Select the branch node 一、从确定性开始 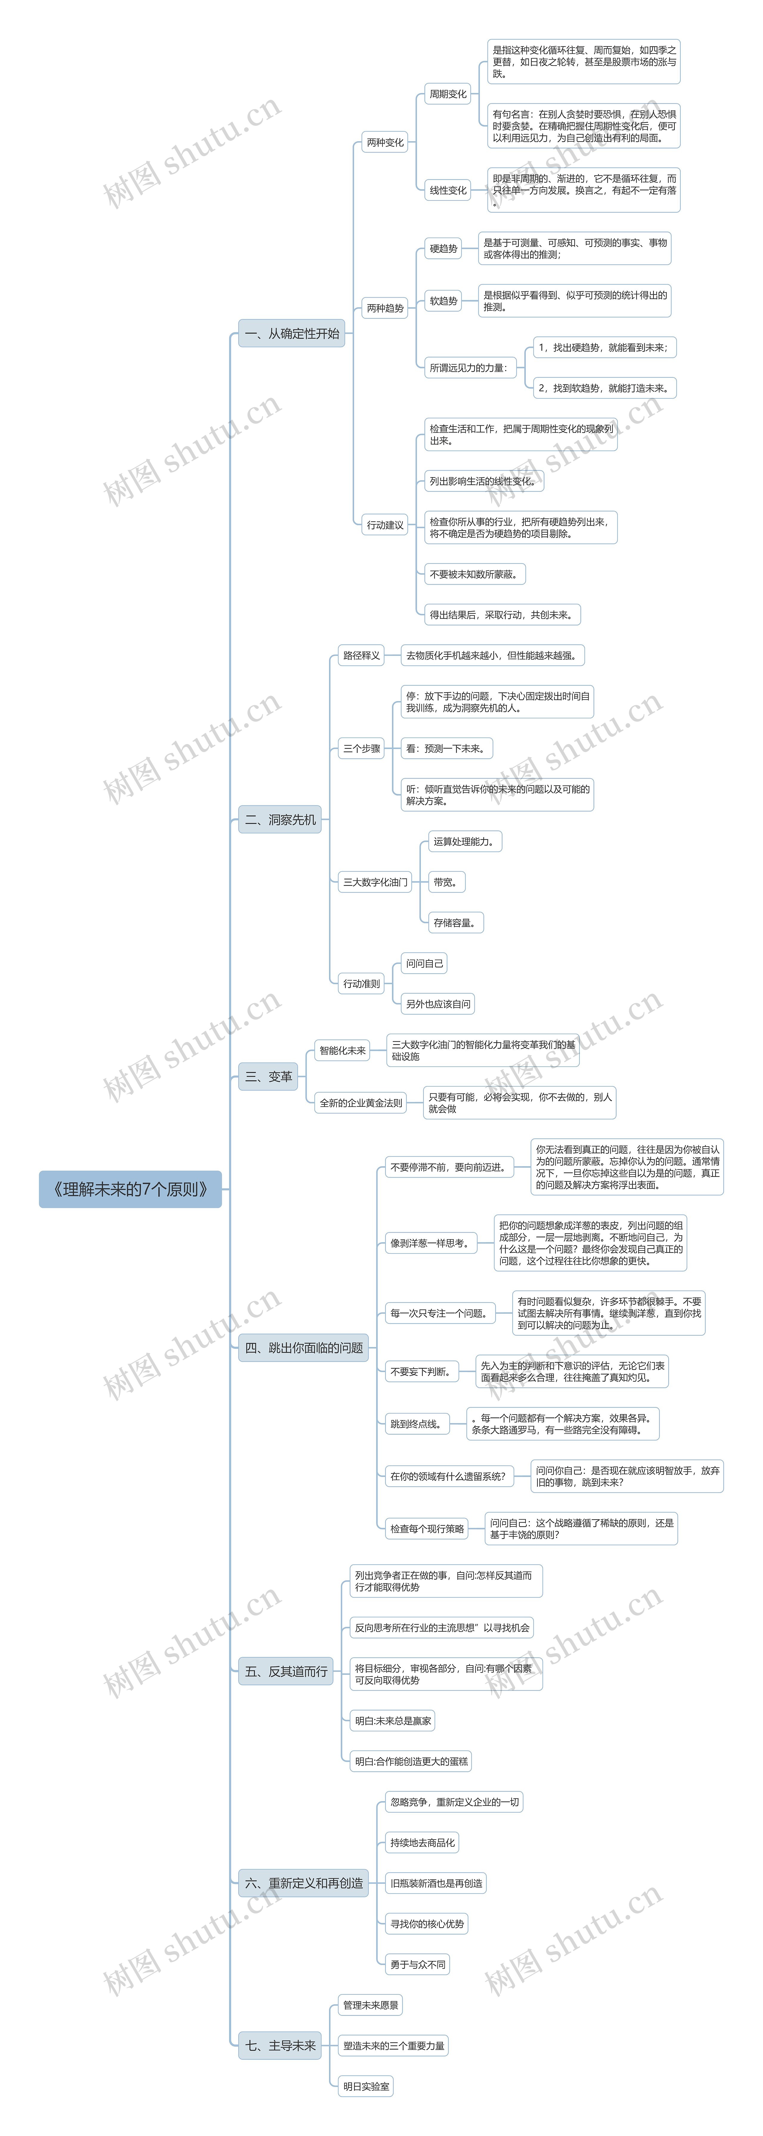[292, 333]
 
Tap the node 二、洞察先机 [280, 819]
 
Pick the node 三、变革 [269, 1076]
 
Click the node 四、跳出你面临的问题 [303, 1347]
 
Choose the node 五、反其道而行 [286, 1671]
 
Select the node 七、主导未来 [280, 2045]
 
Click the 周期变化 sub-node [448, 94]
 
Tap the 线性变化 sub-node [448, 190]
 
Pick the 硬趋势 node [444, 248]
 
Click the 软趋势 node [444, 301]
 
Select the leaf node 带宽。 [445, 881]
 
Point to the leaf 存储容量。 [455, 922]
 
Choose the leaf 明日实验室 [366, 2085]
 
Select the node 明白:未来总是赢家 [393, 1721]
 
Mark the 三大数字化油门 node [376, 881]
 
